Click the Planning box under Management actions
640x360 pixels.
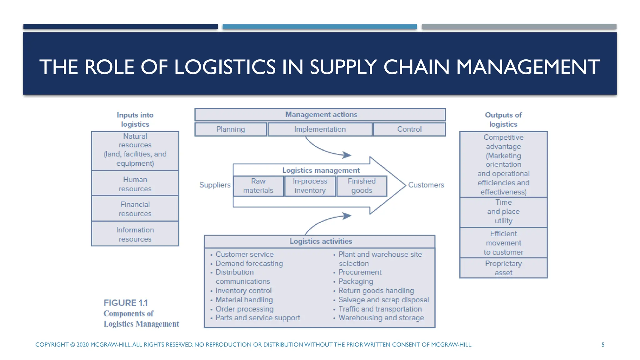point(231,129)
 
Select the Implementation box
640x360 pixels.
point(320,129)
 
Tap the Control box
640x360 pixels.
point(409,129)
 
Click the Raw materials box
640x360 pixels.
point(258,186)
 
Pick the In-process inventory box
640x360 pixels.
point(310,186)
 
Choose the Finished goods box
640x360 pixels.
point(362,186)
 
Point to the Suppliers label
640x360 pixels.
point(215,185)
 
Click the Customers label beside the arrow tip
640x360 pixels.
point(426,185)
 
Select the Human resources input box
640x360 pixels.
point(135,184)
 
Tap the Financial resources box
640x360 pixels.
point(135,209)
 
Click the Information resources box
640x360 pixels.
point(135,234)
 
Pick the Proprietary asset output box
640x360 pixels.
point(503,268)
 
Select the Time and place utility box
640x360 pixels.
point(503,212)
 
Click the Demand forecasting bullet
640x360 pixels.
point(249,263)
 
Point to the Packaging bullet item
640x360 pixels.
point(356,282)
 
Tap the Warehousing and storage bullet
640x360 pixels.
point(381,318)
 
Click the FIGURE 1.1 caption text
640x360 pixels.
point(125,303)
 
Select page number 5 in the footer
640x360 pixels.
point(603,345)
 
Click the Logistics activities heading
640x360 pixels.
point(321,241)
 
